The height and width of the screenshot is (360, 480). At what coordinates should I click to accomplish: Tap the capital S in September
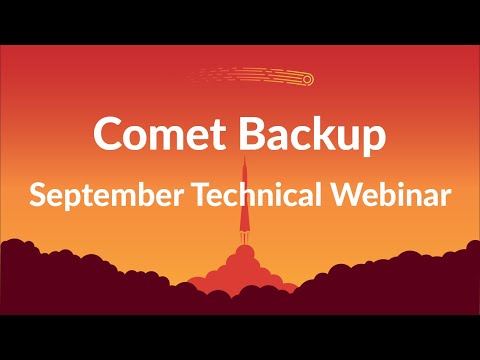(37, 194)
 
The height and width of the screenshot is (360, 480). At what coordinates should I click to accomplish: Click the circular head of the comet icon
(307, 79)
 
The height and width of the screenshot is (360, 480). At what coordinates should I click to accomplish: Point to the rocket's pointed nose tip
(243, 159)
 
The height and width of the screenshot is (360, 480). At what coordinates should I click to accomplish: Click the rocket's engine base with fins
(243, 240)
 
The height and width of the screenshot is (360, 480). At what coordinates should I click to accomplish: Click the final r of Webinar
(444, 197)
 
